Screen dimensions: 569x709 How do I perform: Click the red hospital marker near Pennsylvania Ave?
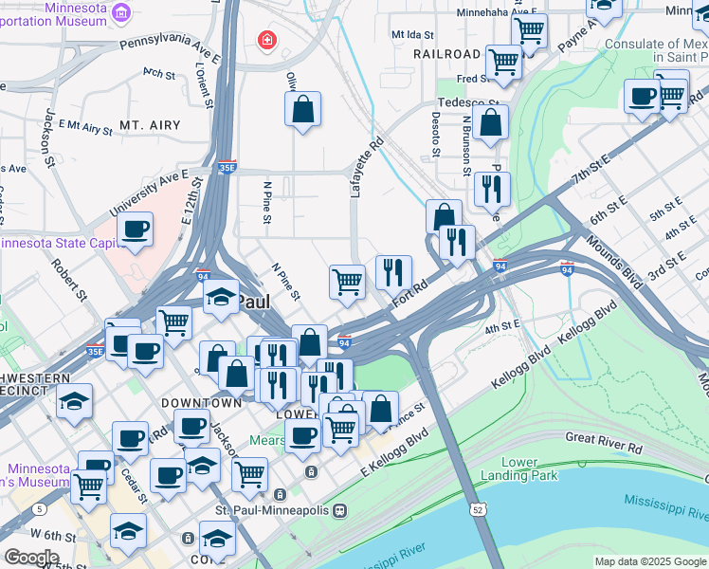coord(267,40)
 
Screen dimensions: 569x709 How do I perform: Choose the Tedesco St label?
coord(466,103)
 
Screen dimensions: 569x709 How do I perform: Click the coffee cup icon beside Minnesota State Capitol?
coord(135,229)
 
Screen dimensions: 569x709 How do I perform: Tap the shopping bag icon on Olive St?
coord(302,108)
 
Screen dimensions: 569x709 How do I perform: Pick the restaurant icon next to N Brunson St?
coord(492,188)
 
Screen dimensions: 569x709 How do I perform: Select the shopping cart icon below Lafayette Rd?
coord(347,281)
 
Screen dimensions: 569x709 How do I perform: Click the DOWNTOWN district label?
coord(195,403)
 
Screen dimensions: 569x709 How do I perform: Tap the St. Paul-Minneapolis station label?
coord(272,510)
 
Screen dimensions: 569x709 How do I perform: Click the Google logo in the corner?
coord(31,558)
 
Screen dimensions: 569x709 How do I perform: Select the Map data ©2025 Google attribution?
coord(650,561)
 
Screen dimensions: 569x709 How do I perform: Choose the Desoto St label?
coord(436,134)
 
